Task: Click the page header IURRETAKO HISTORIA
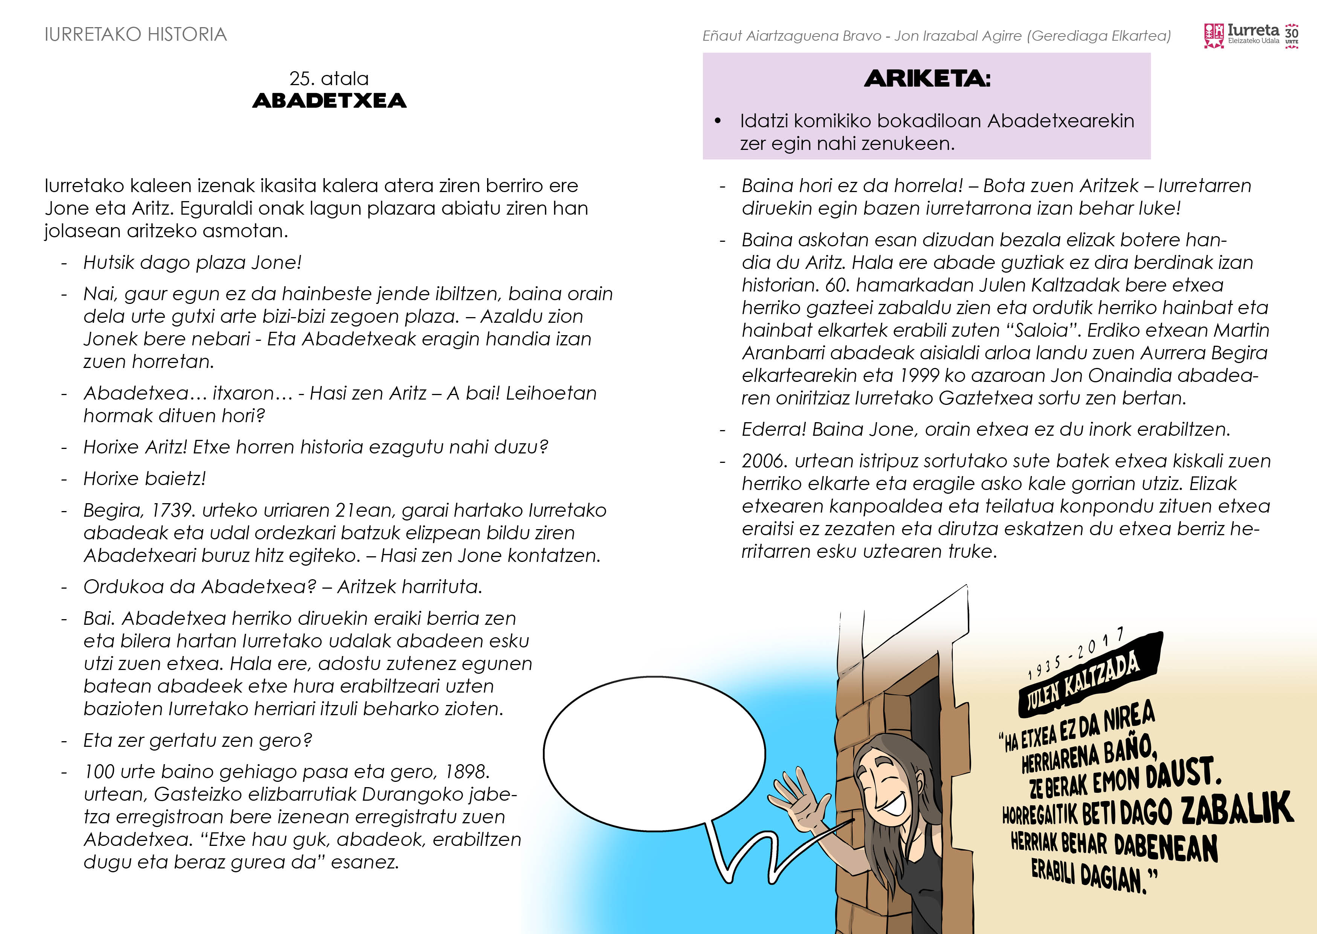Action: tap(136, 35)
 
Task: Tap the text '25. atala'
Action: tap(329, 79)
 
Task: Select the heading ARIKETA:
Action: tap(927, 79)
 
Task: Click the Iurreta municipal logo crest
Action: tap(1213, 36)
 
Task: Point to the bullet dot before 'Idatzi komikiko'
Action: tap(717, 121)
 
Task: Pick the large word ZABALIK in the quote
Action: tap(1236, 808)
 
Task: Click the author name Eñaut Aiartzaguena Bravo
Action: tap(791, 36)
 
